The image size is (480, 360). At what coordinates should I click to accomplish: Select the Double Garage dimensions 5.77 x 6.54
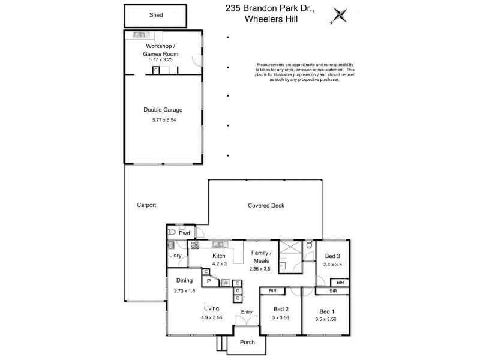(163, 119)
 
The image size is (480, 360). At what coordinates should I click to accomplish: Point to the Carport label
(146, 205)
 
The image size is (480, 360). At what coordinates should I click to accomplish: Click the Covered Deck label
(266, 206)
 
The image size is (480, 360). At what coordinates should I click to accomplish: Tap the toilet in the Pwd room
(172, 232)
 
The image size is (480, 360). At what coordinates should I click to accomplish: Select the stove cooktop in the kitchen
(195, 244)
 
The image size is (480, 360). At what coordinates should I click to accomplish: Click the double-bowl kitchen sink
(218, 244)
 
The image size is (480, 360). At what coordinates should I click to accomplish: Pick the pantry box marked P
(209, 281)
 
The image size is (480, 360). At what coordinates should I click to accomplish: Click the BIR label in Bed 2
(272, 291)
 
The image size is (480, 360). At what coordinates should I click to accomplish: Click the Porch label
(247, 342)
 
